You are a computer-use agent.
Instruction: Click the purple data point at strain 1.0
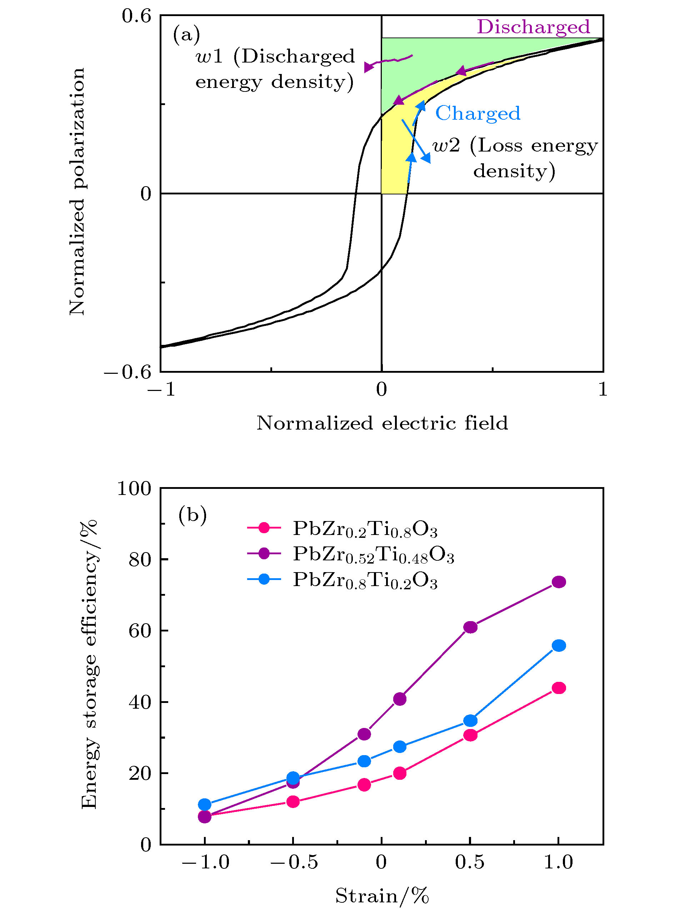(559, 582)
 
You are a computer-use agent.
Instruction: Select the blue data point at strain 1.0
(559, 645)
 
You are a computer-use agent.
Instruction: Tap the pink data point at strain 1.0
(559, 688)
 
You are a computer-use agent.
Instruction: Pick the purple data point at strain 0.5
(470, 627)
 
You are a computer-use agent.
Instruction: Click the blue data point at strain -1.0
(205, 804)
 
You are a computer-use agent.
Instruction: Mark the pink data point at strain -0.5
(293, 802)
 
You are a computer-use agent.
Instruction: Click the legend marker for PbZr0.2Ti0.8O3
(264, 528)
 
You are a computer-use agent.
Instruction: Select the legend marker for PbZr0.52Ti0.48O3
(264, 554)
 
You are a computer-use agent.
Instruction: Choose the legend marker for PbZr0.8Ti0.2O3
(264, 579)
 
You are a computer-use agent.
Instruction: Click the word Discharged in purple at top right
(533, 27)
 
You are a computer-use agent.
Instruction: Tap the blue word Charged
(477, 113)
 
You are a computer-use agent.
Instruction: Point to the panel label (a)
(186, 34)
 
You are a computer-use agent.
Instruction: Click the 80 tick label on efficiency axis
(140, 560)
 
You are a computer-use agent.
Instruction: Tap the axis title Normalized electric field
(382, 423)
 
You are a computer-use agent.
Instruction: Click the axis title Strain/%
(382, 896)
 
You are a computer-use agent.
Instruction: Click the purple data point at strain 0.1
(400, 699)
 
